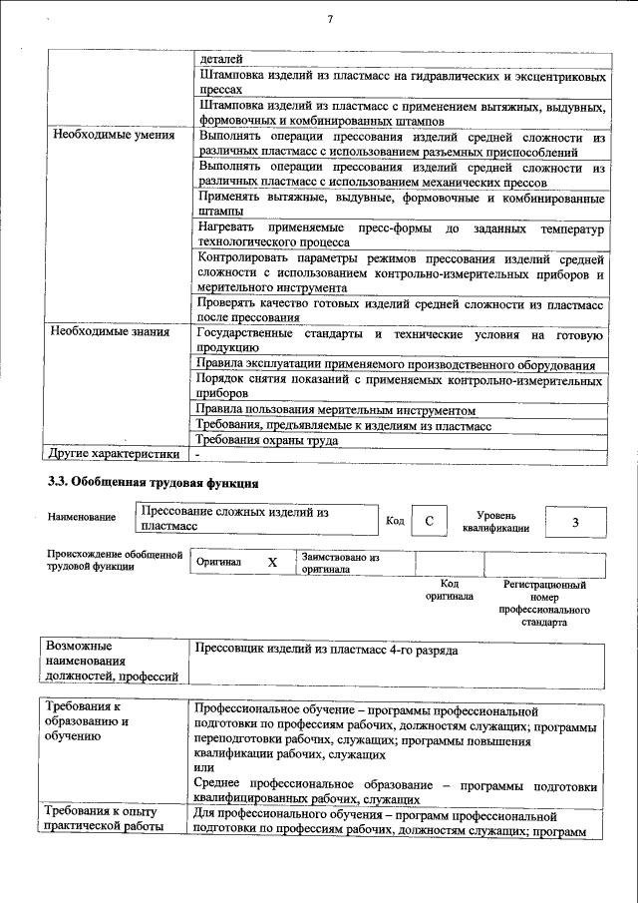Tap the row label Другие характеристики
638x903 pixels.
click(x=115, y=454)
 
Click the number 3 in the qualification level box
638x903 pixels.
click(x=575, y=522)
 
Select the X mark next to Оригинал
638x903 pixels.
click(x=272, y=563)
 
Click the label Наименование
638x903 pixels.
click(x=81, y=517)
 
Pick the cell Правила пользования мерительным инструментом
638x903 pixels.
click(x=335, y=410)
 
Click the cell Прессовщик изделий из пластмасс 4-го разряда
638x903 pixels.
click(x=327, y=651)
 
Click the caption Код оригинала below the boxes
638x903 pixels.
click(x=450, y=591)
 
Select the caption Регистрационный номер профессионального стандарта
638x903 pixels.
click(x=544, y=603)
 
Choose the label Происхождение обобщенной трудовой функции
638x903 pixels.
click(x=114, y=560)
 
